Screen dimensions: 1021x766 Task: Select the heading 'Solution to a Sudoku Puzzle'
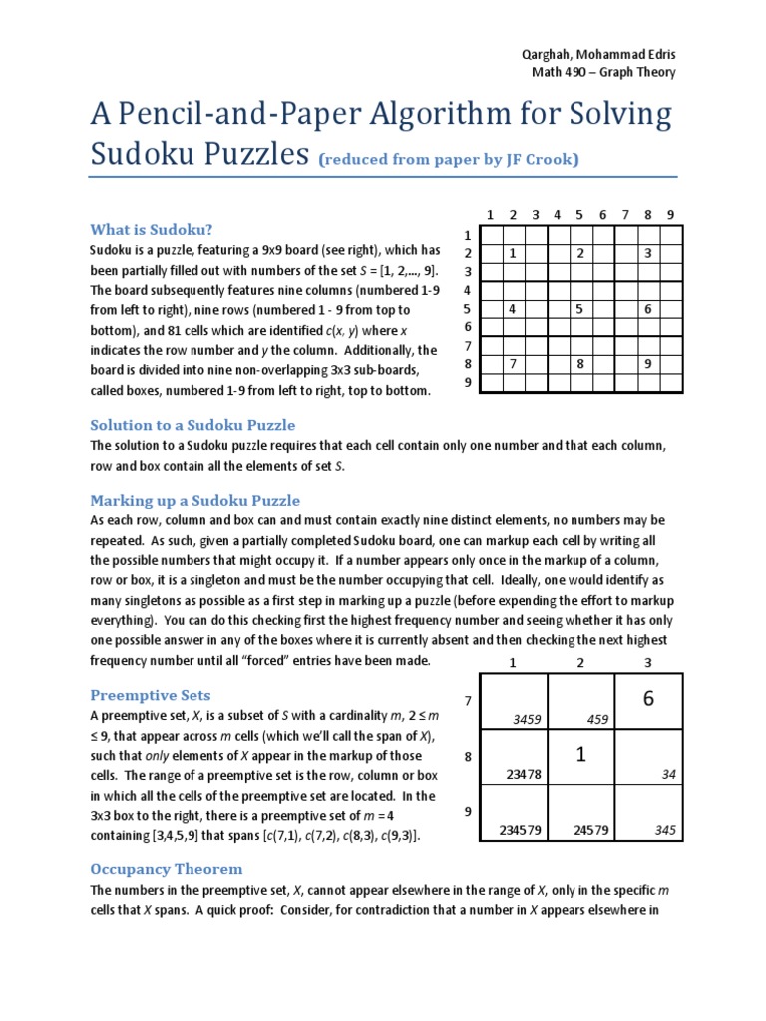tap(192, 425)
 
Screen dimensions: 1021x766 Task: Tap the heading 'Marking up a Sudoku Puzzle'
tap(194, 500)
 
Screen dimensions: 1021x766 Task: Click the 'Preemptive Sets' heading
tap(151, 694)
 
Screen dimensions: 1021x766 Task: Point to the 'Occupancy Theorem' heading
tap(167, 868)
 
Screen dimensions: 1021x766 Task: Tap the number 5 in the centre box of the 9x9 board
tap(579, 309)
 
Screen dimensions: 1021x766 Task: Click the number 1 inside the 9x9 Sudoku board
tap(513, 254)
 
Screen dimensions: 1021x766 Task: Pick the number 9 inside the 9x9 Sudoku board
tap(647, 364)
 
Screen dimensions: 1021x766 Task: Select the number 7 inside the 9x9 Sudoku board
tap(513, 364)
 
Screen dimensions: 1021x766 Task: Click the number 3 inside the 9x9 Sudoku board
tap(647, 254)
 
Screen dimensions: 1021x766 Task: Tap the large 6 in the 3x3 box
tap(648, 699)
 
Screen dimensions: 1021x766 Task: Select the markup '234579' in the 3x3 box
tap(520, 830)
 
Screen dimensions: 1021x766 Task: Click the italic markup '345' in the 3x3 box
tap(665, 830)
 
